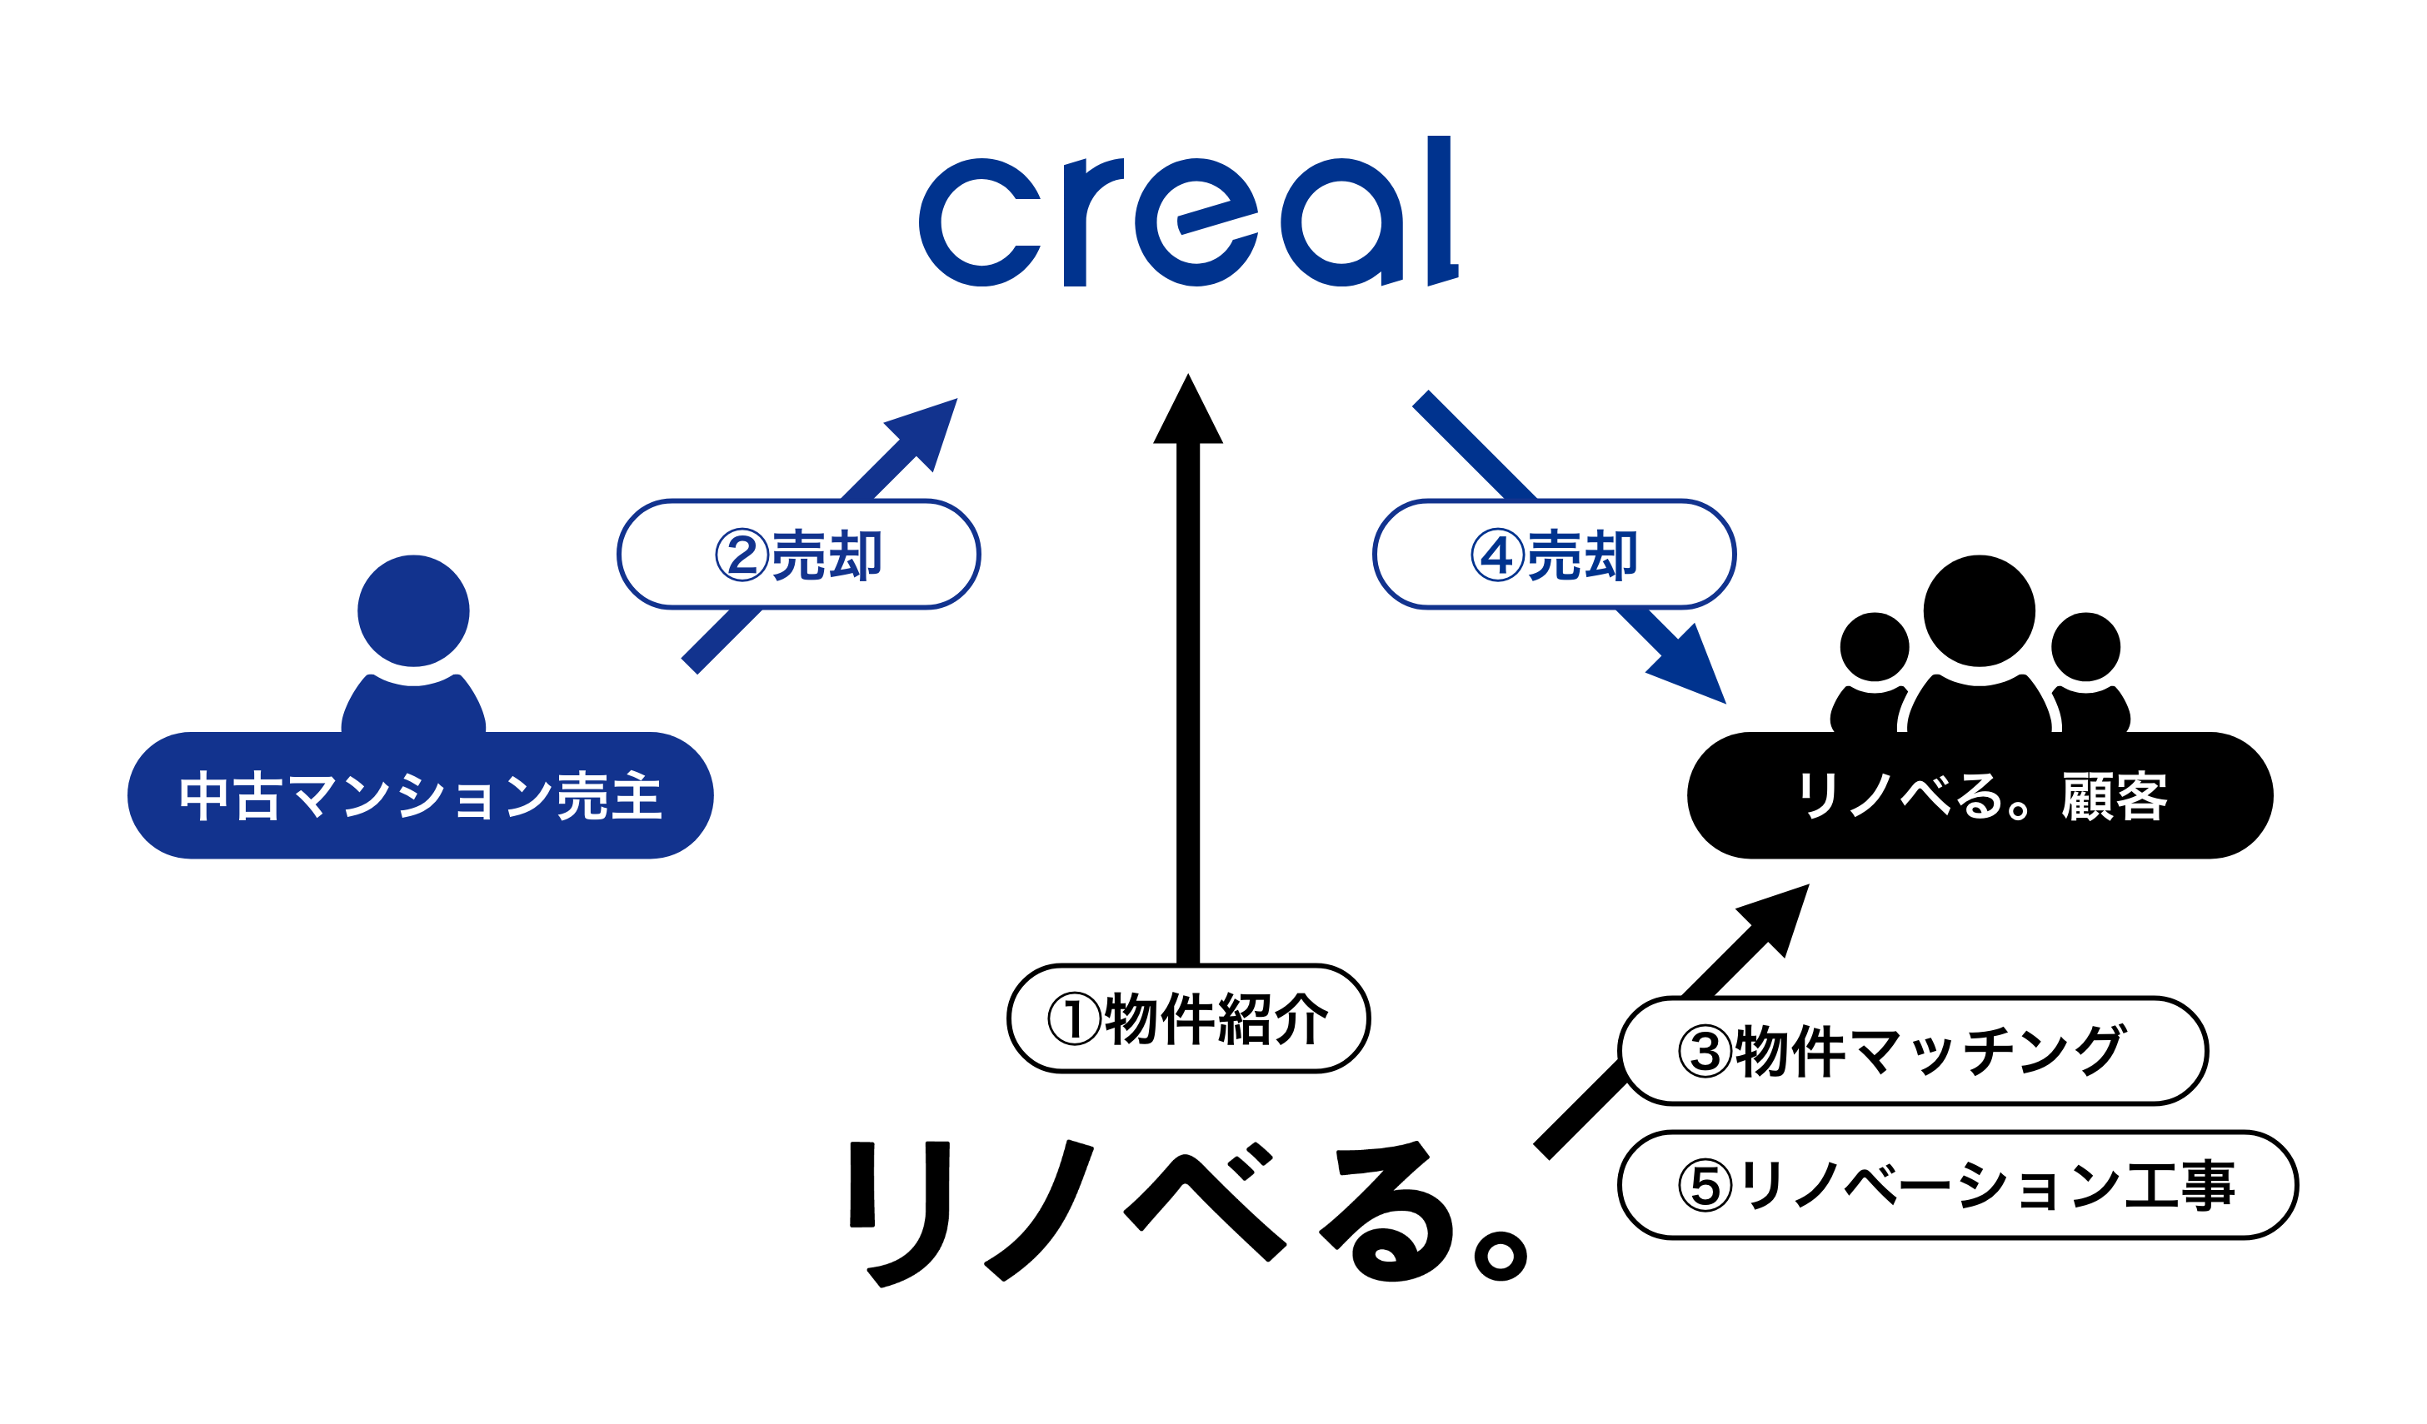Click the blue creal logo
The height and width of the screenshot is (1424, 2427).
pyautogui.click(x=1188, y=212)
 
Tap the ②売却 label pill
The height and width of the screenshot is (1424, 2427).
pyautogui.click(x=798, y=555)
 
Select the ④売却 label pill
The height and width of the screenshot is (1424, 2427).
pyautogui.click(x=1555, y=555)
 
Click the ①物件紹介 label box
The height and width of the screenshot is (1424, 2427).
pyautogui.click(x=1188, y=1019)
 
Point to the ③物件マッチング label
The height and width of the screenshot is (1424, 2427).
pyautogui.click(x=1914, y=1052)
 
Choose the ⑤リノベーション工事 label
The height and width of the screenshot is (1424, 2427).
pyautogui.click(x=1959, y=1186)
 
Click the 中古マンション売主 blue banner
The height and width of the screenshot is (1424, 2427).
pyautogui.click(x=420, y=795)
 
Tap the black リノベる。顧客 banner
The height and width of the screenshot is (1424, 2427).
pyautogui.click(x=1981, y=795)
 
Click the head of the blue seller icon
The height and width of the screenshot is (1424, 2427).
pyautogui.click(x=413, y=610)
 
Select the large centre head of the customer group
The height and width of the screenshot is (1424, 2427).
pyautogui.click(x=1979, y=610)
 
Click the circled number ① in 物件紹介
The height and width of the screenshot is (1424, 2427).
pyautogui.click(x=1074, y=1019)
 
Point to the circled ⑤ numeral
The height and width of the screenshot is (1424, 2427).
pyautogui.click(x=1705, y=1186)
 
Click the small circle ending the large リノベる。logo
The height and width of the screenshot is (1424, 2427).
pyautogui.click(x=1501, y=1257)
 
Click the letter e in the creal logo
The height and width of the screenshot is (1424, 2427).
pyautogui.click(x=1196, y=222)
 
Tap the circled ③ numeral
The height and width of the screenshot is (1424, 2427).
pyautogui.click(x=1705, y=1052)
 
